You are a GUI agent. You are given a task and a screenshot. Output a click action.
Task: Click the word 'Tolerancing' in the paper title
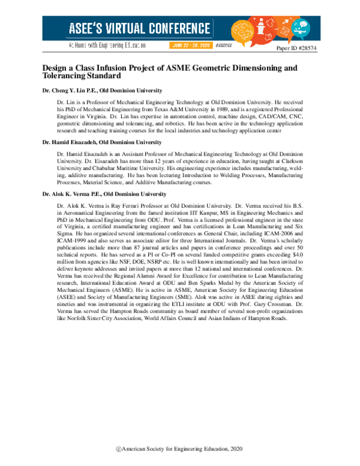[x=67, y=76]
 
